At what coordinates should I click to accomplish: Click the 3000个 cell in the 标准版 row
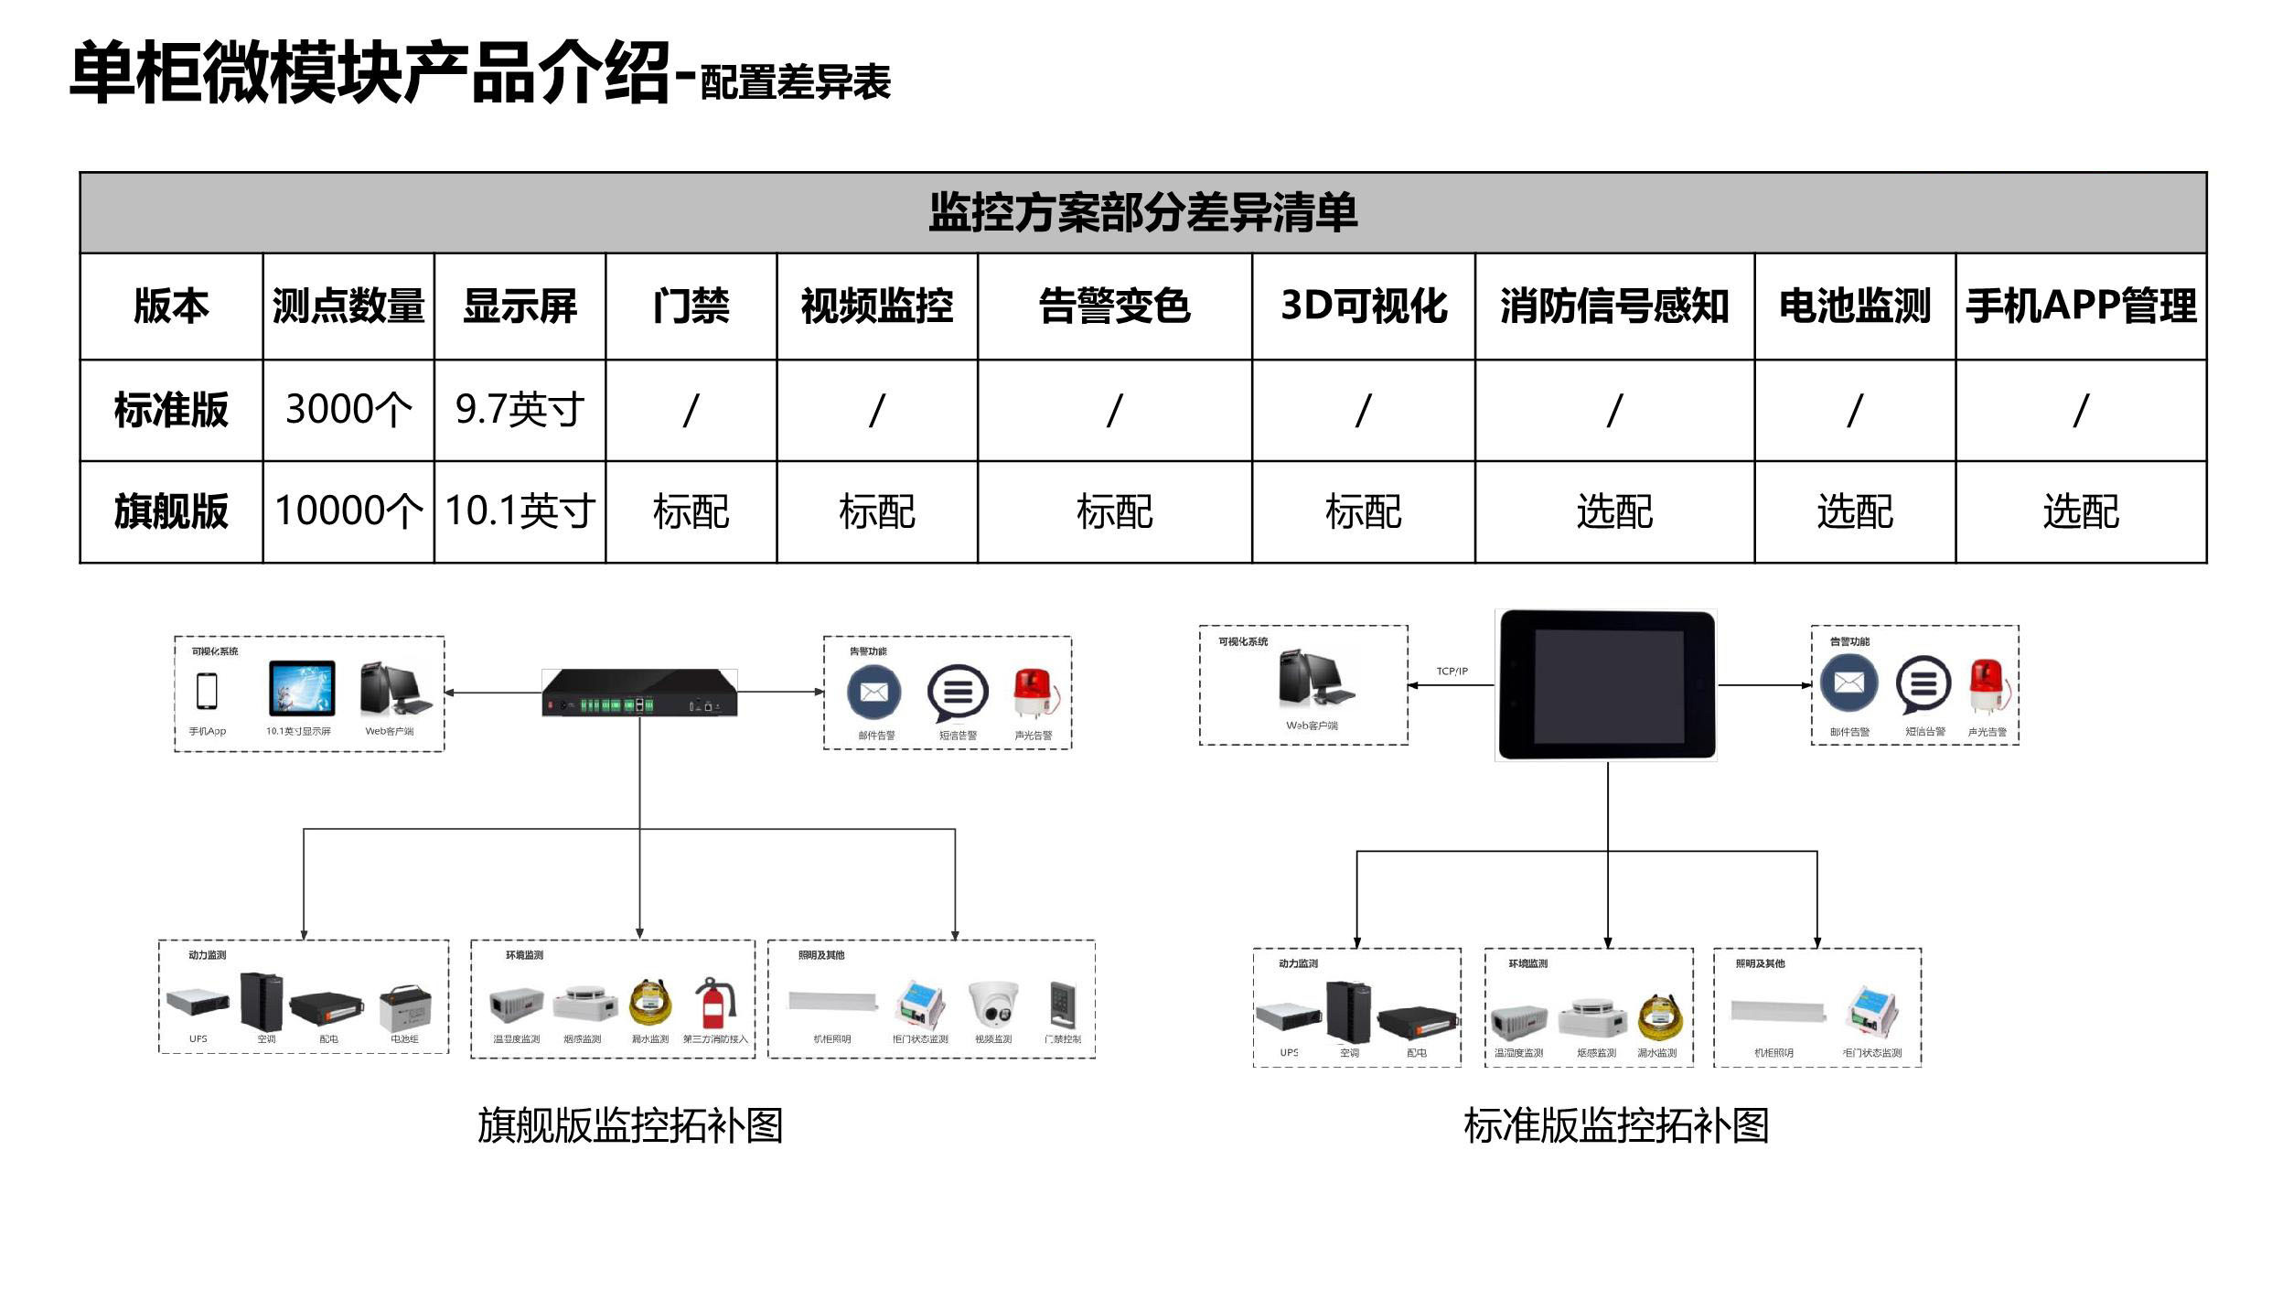click(348, 409)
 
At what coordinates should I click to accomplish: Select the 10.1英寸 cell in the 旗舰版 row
click(520, 511)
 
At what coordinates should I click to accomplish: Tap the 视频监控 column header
click(876, 306)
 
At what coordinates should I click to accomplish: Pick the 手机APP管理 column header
click(2080, 306)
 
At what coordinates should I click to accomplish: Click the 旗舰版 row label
click(171, 511)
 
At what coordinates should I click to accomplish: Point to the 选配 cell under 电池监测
click(1854, 511)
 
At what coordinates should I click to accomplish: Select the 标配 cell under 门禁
click(691, 511)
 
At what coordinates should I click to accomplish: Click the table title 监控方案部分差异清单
click(1142, 212)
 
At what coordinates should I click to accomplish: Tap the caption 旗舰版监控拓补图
click(629, 1124)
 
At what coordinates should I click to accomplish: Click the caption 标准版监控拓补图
click(1615, 1124)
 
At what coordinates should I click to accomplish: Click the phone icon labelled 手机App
click(207, 691)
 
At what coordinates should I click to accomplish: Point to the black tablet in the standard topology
click(1606, 684)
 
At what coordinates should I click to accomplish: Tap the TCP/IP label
click(1452, 672)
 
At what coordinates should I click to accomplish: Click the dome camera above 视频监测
click(994, 1004)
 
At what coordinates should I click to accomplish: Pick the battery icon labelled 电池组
click(405, 1006)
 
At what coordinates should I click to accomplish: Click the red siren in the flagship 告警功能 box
click(1034, 693)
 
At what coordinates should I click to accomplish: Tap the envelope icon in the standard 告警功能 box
click(1848, 684)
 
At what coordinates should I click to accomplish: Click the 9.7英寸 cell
click(520, 409)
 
